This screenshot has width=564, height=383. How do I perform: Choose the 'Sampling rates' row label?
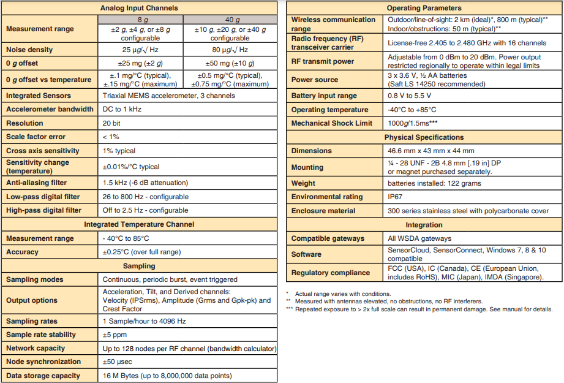pos(32,321)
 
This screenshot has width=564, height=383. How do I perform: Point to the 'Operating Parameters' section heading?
pos(424,8)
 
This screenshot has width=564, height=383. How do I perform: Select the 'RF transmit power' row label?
pos(323,61)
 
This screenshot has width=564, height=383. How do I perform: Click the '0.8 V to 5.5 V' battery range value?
pos(410,96)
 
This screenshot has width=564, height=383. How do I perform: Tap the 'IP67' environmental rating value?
pos(397,197)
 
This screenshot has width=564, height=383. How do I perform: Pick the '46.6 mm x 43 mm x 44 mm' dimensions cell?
pos(431,151)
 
